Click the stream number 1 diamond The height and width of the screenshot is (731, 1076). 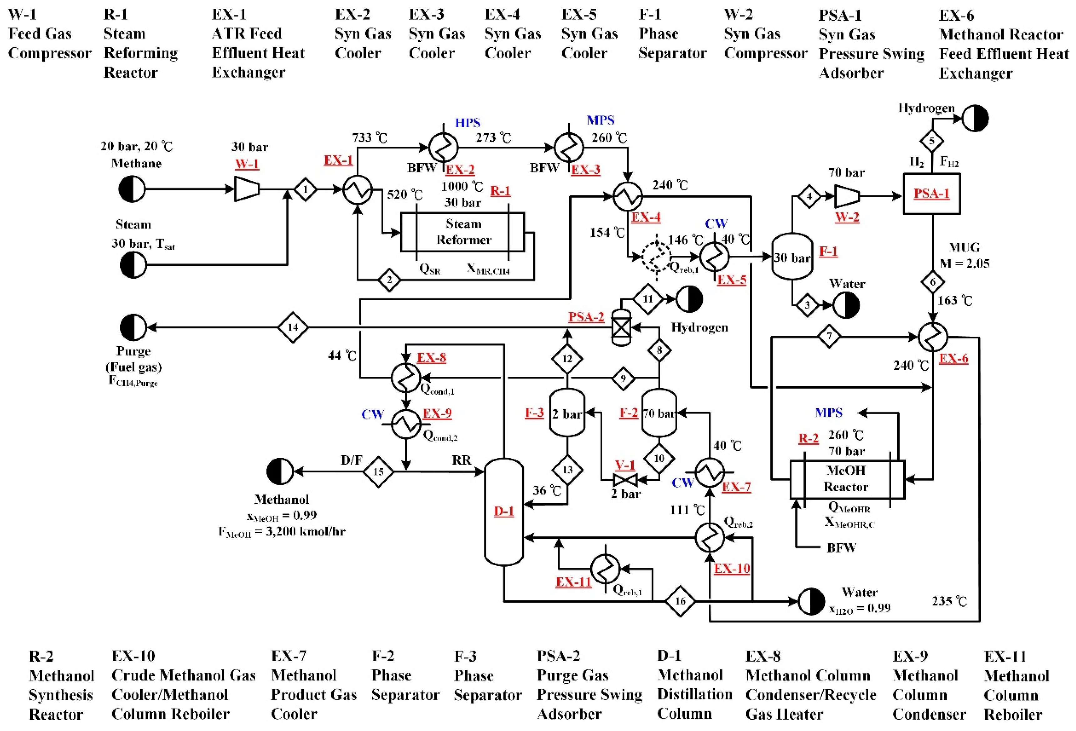tap(305, 189)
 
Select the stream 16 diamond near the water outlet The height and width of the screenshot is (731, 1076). tap(680, 601)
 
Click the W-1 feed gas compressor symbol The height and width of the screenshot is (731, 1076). tap(246, 189)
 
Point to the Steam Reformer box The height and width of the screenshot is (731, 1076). tap(462, 232)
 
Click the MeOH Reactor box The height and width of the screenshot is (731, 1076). tap(846, 479)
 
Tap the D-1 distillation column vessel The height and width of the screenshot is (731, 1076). tap(504, 512)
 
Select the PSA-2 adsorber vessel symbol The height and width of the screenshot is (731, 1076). tap(621, 328)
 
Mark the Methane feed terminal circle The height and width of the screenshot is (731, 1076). tap(132, 189)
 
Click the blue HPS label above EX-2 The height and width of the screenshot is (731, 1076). tap(468, 123)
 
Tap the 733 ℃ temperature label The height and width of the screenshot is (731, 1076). tap(369, 138)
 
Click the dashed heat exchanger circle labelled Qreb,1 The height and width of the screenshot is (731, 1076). tap(656, 256)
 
